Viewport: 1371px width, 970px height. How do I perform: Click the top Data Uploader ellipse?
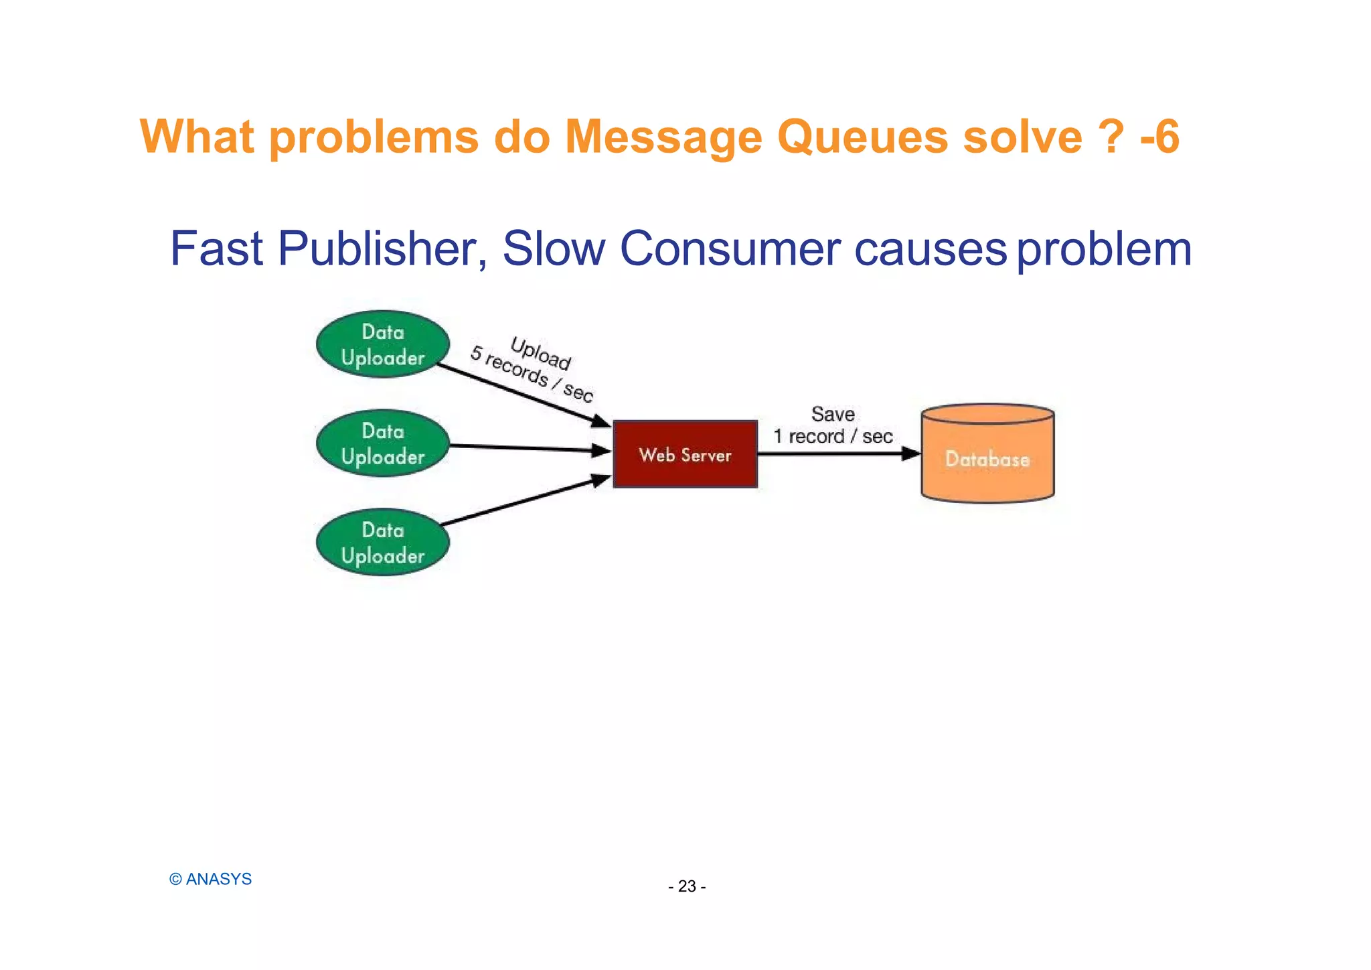pyautogui.click(x=383, y=344)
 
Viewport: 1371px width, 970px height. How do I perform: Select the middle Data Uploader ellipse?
pyautogui.click(x=383, y=443)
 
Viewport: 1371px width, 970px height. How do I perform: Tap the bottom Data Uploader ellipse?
pyautogui.click(x=383, y=543)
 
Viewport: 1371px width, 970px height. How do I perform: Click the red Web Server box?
pyautogui.click(x=685, y=455)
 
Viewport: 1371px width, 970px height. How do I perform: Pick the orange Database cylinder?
pyautogui.click(x=987, y=455)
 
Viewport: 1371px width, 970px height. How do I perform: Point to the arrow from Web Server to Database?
pyautogui.click(x=837, y=454)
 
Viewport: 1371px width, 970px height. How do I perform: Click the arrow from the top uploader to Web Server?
pyautogui.click(x=522, y=394)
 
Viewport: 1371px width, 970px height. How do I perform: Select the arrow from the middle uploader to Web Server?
pyautogui.click(x=529, y=448)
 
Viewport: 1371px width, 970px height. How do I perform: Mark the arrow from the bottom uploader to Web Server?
pyautogui.click(x=526, y=500)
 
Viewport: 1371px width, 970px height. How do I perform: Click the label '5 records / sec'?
pyautogui.click(x=532, y=374)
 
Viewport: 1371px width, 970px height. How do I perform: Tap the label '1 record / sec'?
pyautogui.click(x=833, y=437)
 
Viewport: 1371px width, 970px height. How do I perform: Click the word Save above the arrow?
pyautogui.click(x=833, y=415)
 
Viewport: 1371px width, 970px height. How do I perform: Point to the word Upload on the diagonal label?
pyautogui.click(x=540, y=353)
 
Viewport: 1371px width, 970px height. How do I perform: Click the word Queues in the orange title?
pyautogui.click(x=862, y=137)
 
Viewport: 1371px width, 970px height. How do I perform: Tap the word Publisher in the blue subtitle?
pyautogui.click(x=382, y=249)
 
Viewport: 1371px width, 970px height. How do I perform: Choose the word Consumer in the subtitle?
pyautogui.click(x=730, y=249)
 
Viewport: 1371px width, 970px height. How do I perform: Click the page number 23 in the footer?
pyautogui.click(x=687, y=886)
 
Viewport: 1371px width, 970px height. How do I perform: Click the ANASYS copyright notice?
pyautogui.click(x=211, y=879)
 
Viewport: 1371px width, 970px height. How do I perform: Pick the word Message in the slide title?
pyautogui.click(x=663, y=137)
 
